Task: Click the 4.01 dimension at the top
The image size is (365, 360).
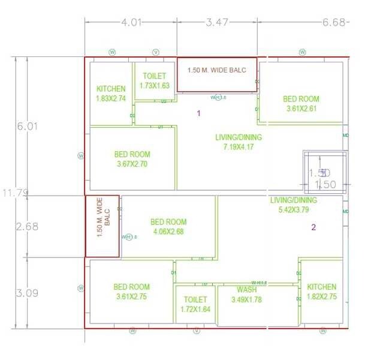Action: [131, 23]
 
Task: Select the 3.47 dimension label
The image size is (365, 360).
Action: [217, 23]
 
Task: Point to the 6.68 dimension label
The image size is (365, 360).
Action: [334, 23]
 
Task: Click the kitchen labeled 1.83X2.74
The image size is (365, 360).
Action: [111, 94]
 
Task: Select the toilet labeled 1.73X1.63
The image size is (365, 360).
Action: [155, 81]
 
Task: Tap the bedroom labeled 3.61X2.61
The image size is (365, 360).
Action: [301, 104]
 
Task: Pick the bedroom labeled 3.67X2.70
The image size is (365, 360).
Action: [132, 159]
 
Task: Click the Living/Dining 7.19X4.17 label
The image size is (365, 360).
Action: [239, 142]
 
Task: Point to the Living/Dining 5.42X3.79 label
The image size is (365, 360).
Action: [293, 205]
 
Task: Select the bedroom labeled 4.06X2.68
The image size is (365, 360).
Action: [168, 227]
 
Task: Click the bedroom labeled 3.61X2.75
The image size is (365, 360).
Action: [131, 292]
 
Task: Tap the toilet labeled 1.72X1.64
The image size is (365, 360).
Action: [195, 304]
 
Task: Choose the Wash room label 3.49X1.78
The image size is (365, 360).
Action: [247, 295]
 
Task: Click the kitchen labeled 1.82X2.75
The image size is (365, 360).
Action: [322, 292]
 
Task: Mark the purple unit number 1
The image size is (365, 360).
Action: [199, 113]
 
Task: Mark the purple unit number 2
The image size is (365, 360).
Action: [313, 227]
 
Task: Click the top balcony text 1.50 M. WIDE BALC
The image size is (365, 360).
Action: [216, 70]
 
